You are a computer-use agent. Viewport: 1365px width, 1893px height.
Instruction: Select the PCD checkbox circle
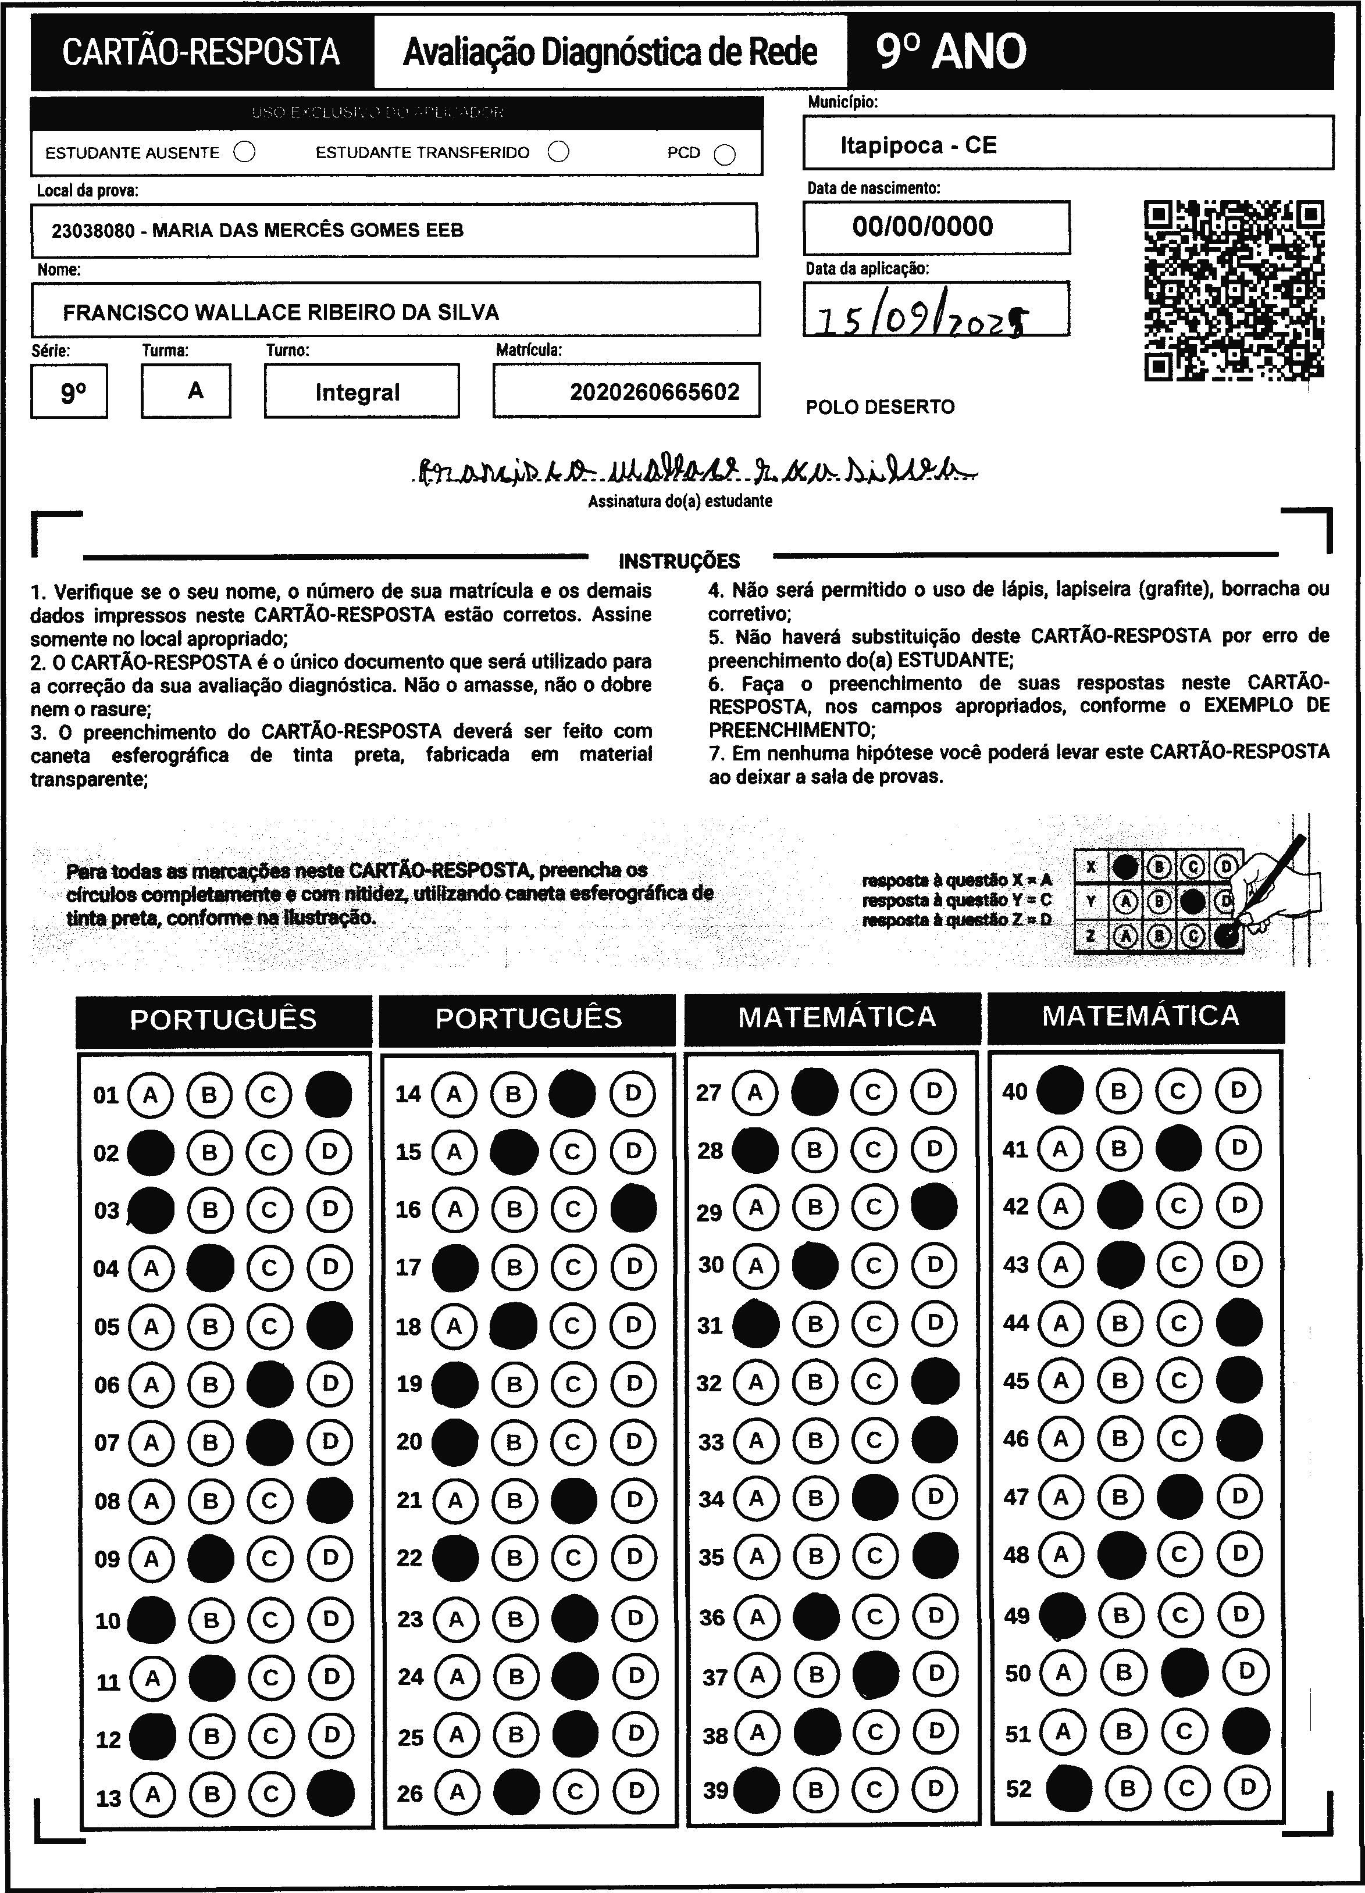click(725, 155)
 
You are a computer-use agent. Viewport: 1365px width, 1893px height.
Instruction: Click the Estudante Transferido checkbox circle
click(558, 152)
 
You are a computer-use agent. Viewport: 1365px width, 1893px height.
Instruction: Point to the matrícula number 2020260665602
click(654, 392)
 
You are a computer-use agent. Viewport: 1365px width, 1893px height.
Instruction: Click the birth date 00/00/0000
click(922, 226)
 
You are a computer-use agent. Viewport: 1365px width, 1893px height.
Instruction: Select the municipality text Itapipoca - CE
click(918, 145)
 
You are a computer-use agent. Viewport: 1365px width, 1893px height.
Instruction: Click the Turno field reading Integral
click(358, 392)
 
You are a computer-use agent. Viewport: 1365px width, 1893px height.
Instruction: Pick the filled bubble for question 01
click(329, 1094)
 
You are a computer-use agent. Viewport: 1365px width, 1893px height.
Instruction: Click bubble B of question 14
click(514, 1094)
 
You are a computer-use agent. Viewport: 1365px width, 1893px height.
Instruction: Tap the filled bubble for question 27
click(814, 1092)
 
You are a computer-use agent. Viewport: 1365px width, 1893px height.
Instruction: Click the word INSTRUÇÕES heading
click(679, 561)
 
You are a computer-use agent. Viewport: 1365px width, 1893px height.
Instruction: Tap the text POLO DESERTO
click(880, 408)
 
